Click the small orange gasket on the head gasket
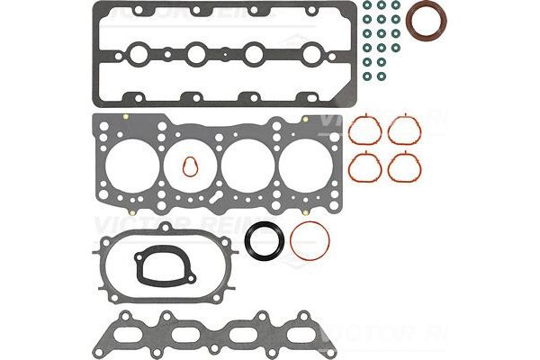coord(189,166)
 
